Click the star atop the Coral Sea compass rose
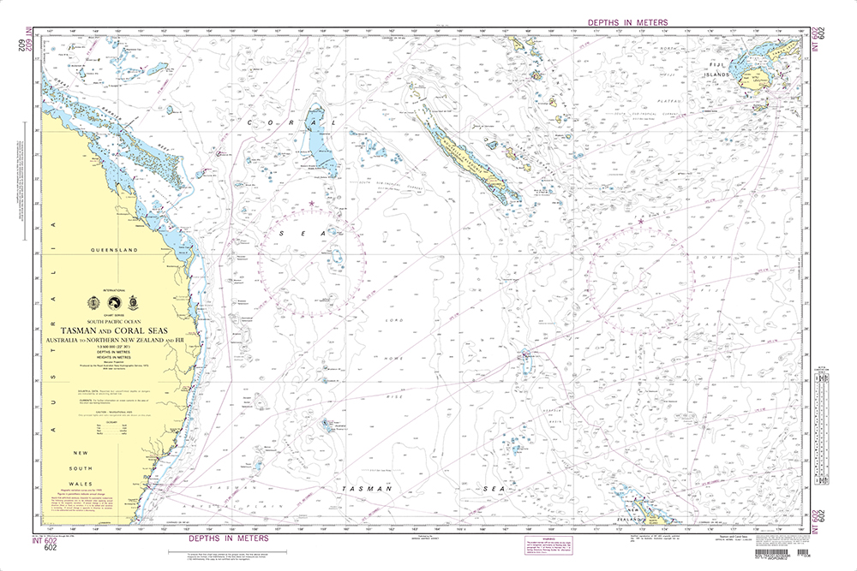point(311,203)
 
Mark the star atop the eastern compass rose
point(640,222)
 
